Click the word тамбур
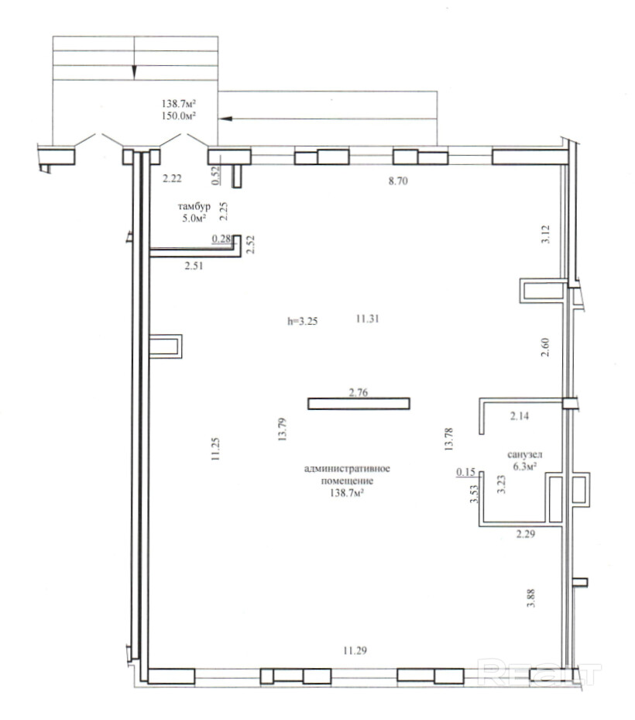[194, 206]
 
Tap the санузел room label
[525, 455]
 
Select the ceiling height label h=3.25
[302, 321]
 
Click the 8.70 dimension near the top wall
[398, 181]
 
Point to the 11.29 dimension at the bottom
[355, 650]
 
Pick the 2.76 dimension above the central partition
[359, 393]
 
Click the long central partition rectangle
[359, 404]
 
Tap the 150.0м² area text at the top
[179, 115]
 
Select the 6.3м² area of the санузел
[525, 467]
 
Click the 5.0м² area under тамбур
[194, 218]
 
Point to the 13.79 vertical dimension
[282, 429]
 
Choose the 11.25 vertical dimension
[215, 449]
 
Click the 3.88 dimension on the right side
[531, 598]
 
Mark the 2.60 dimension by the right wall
[545, 348]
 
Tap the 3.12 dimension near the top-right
[545, 234]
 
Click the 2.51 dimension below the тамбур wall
[194, 265]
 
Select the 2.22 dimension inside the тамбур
[172, 178]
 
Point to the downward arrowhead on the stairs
[134, 73]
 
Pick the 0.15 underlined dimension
[465, 472]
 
